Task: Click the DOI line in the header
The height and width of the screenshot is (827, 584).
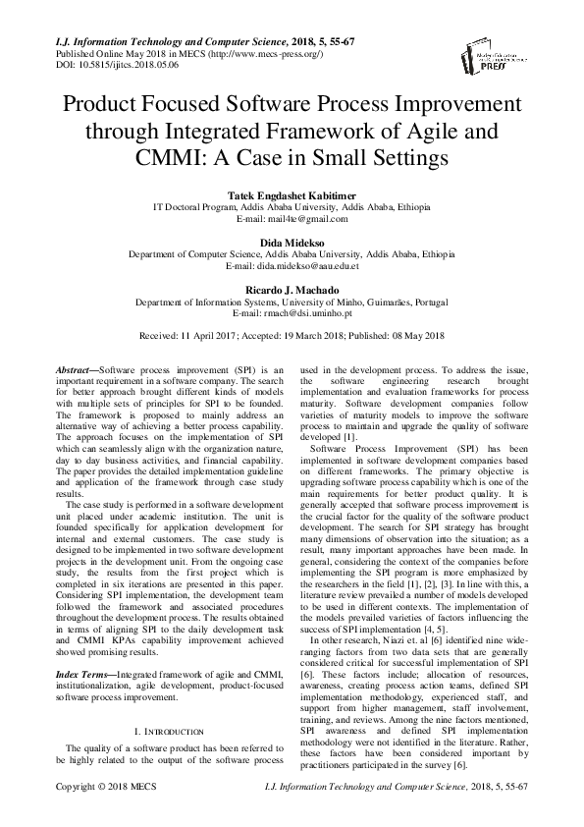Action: pyautogui.click(x=104, y=65)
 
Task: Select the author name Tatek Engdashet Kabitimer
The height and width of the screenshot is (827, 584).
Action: pyautogui.click(x=292, y=195)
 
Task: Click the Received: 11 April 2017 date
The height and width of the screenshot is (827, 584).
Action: pyautogui.click(x=194, y=335)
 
